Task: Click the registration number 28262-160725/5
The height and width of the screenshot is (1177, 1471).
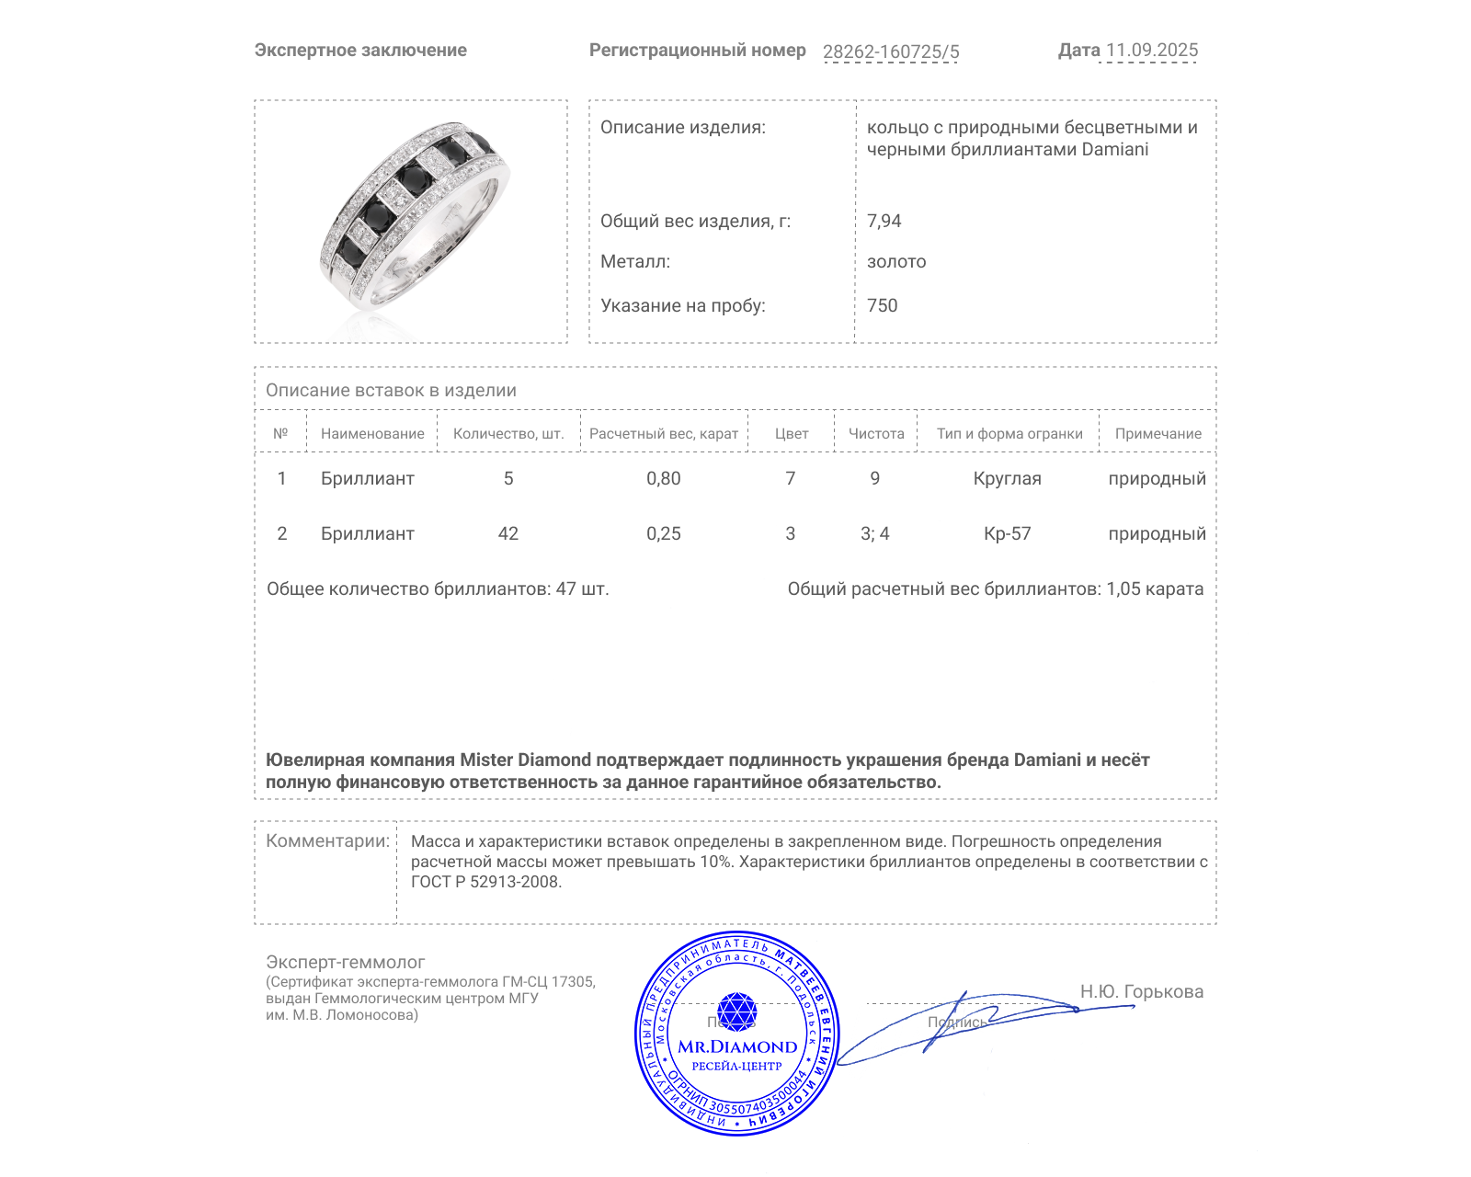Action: (890, 51)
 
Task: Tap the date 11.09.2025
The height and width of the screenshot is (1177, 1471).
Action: (1151, 51)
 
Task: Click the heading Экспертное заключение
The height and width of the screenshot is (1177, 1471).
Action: (360, 51)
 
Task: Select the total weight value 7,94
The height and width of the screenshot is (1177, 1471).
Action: (884, 221)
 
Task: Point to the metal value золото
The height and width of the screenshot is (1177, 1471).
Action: (896, 262)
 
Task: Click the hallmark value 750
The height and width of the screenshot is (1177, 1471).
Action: (882, 305)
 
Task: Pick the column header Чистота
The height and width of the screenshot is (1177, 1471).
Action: (876, 434)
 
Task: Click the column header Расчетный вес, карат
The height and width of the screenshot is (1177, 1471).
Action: (664, 434)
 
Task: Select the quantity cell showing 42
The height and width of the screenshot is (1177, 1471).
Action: (508, 533)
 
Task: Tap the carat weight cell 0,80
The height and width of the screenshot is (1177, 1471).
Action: (664, 478)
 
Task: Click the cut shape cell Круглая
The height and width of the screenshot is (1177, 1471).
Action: (1007, 478)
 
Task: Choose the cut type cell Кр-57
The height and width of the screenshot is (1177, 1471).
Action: (1007, 533)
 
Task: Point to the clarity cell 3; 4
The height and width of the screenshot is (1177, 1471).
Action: (874, 533)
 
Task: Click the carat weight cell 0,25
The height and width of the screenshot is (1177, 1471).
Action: (664, 533)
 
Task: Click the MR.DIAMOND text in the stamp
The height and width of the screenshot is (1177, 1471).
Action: (737, 1046)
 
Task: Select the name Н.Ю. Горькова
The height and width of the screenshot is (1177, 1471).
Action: (1141, 991)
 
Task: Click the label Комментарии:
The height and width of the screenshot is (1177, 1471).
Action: (327, 840)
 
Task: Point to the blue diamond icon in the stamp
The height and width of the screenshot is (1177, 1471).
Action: (736, 1011)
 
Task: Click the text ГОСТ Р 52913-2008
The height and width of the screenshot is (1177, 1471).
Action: (485, 882)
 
